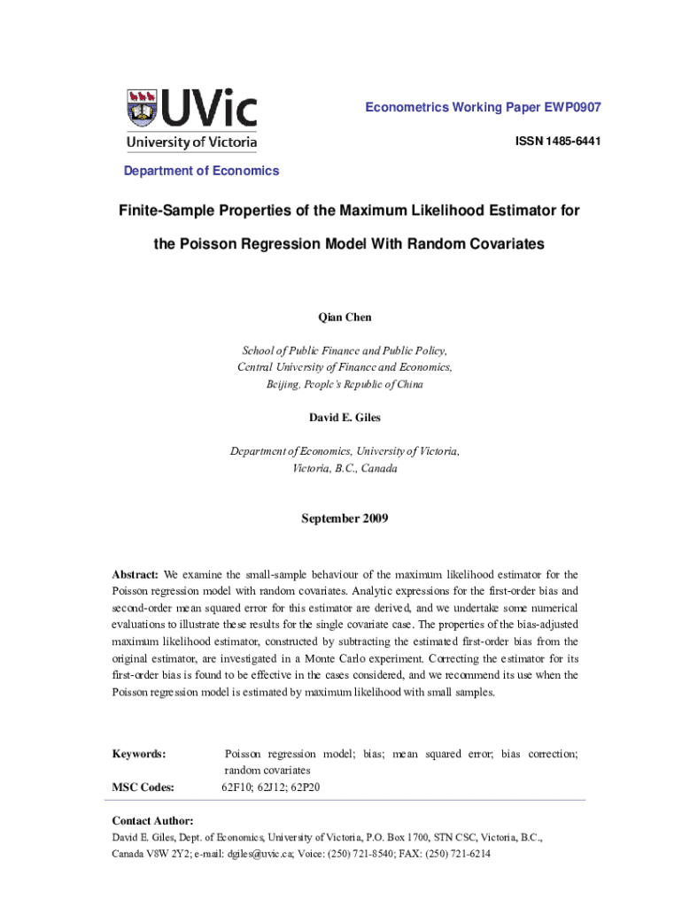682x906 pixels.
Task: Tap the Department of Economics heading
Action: tap(201, 171)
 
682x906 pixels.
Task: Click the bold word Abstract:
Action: tap(136, 574)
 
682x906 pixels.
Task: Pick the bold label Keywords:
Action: tap(138, 754)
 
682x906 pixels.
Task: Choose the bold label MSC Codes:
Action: tap(143, 787)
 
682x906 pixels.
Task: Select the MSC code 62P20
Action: tap(304, 787)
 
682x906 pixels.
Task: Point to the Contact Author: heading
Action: tap(152, 821)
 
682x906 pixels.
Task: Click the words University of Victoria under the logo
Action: tap(191, 142)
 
